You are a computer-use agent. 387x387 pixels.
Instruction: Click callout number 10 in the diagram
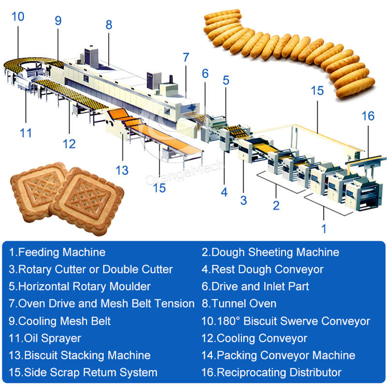click(17, 17)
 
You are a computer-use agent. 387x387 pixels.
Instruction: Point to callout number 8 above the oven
click(109, 25)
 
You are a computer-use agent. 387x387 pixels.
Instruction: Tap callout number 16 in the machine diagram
click(368, 116)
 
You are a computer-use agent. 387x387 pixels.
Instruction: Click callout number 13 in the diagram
click(122, 170)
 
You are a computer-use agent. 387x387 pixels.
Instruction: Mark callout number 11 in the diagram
click(26, 132)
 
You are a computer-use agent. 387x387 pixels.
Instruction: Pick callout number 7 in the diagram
click(186, 57)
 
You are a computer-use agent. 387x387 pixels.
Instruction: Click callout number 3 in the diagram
click(244, 200)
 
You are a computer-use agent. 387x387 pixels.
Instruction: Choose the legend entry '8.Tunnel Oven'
click(239, 304)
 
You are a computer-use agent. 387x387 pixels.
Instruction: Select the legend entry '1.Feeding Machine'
click(57, 252)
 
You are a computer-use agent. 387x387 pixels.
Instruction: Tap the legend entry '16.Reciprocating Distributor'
click(271, 372)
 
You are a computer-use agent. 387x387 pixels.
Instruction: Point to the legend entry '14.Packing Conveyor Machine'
click(278, 356)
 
